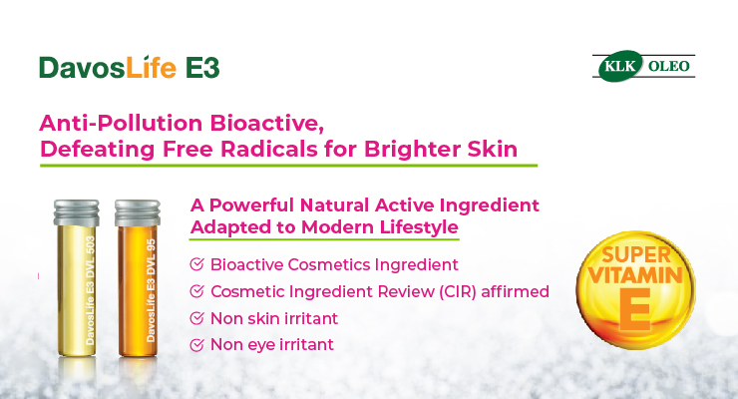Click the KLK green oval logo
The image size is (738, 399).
(x=620, y=66)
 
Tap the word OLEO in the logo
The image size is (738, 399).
(x=669, y=66)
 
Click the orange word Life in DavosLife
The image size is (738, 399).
(x=151, y=67)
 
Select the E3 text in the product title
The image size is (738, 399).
(x=202, y=68)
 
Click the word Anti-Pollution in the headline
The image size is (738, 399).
(x=122, y=123)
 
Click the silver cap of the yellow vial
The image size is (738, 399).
(x=76, y=212)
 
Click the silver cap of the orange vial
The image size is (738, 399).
(x=138, y=212)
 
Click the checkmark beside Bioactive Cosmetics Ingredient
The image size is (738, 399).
(x=196, y=264)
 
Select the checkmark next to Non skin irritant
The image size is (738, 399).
(x=196, y=318)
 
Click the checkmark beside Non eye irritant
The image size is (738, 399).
(x=196, y=345)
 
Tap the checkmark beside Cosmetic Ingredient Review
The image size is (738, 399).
(x=196, y=291)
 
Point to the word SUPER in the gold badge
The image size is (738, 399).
(x=636, y=255)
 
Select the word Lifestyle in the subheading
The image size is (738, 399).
(x=419, y=227)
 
